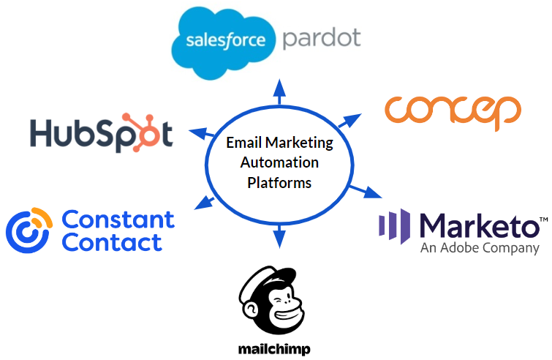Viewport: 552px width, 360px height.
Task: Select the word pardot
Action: pos(322,37)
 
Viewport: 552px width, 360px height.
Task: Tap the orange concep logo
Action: pos(453,110)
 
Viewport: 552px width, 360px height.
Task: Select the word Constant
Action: pos(118,219)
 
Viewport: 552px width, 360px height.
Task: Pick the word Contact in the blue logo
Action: pos(113,242)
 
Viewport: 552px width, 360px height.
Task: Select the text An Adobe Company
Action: pos(480,248)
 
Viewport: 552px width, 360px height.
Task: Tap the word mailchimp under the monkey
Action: pos(274,349)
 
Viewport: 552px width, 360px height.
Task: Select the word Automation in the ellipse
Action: pos(279,162)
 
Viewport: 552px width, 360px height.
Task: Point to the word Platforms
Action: pos(279,182)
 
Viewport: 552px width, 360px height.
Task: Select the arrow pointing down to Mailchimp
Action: pos(279,236)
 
